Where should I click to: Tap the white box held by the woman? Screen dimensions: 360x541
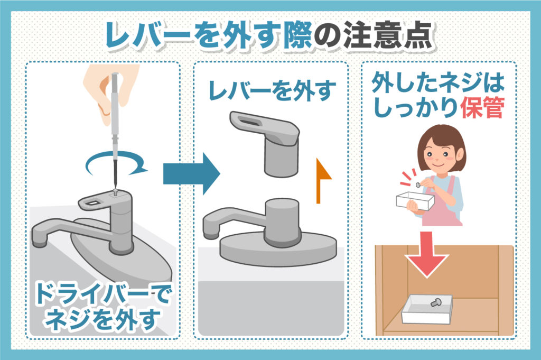click(x=415, y=201)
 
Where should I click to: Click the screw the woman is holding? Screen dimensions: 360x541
click(x=419, y=184)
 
